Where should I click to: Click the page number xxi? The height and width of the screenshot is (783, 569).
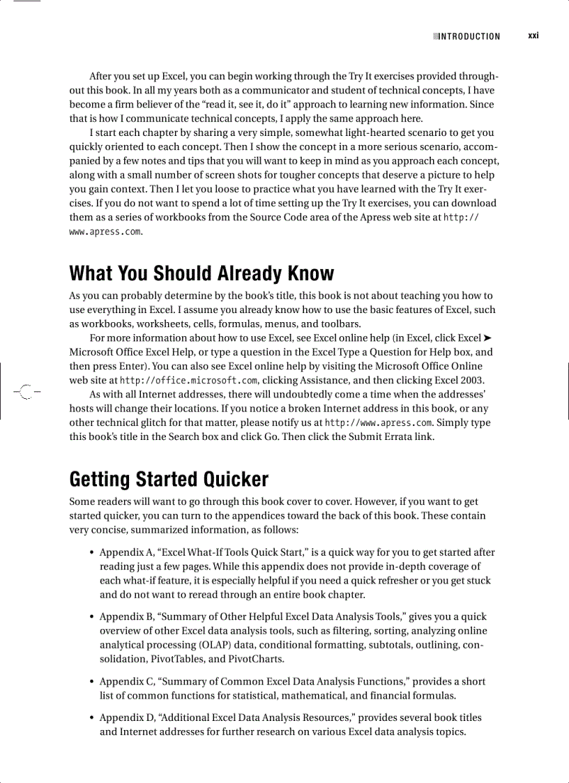click(533, 36)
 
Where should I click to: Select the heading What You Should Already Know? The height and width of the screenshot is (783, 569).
click(202, 273)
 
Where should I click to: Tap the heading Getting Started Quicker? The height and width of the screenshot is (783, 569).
click(169, 479)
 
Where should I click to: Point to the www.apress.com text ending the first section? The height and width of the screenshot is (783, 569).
click(105, 231)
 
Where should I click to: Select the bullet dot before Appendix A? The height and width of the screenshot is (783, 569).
click(92, 552)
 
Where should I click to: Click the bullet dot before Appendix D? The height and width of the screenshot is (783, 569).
click(92, 717)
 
